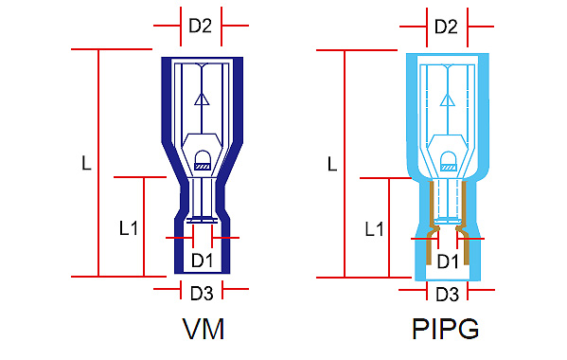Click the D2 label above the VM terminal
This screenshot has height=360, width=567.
click(x=201, y=26)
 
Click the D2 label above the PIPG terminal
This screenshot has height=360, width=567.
click(x=446, y=27)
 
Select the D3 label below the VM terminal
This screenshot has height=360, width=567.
click(x=202, y=293)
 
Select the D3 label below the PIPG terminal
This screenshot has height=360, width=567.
click(x=448, y=294)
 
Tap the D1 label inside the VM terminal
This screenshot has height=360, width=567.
click(x=203, y=261)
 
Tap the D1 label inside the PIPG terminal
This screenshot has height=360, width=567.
click(x=448, y=261)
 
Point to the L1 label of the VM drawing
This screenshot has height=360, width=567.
click(x=129, y=228)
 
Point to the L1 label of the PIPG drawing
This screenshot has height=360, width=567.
click(x=374, y=229)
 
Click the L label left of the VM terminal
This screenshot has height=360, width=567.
click(x=86, y=163)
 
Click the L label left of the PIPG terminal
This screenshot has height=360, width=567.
click(x=332, y=164)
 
